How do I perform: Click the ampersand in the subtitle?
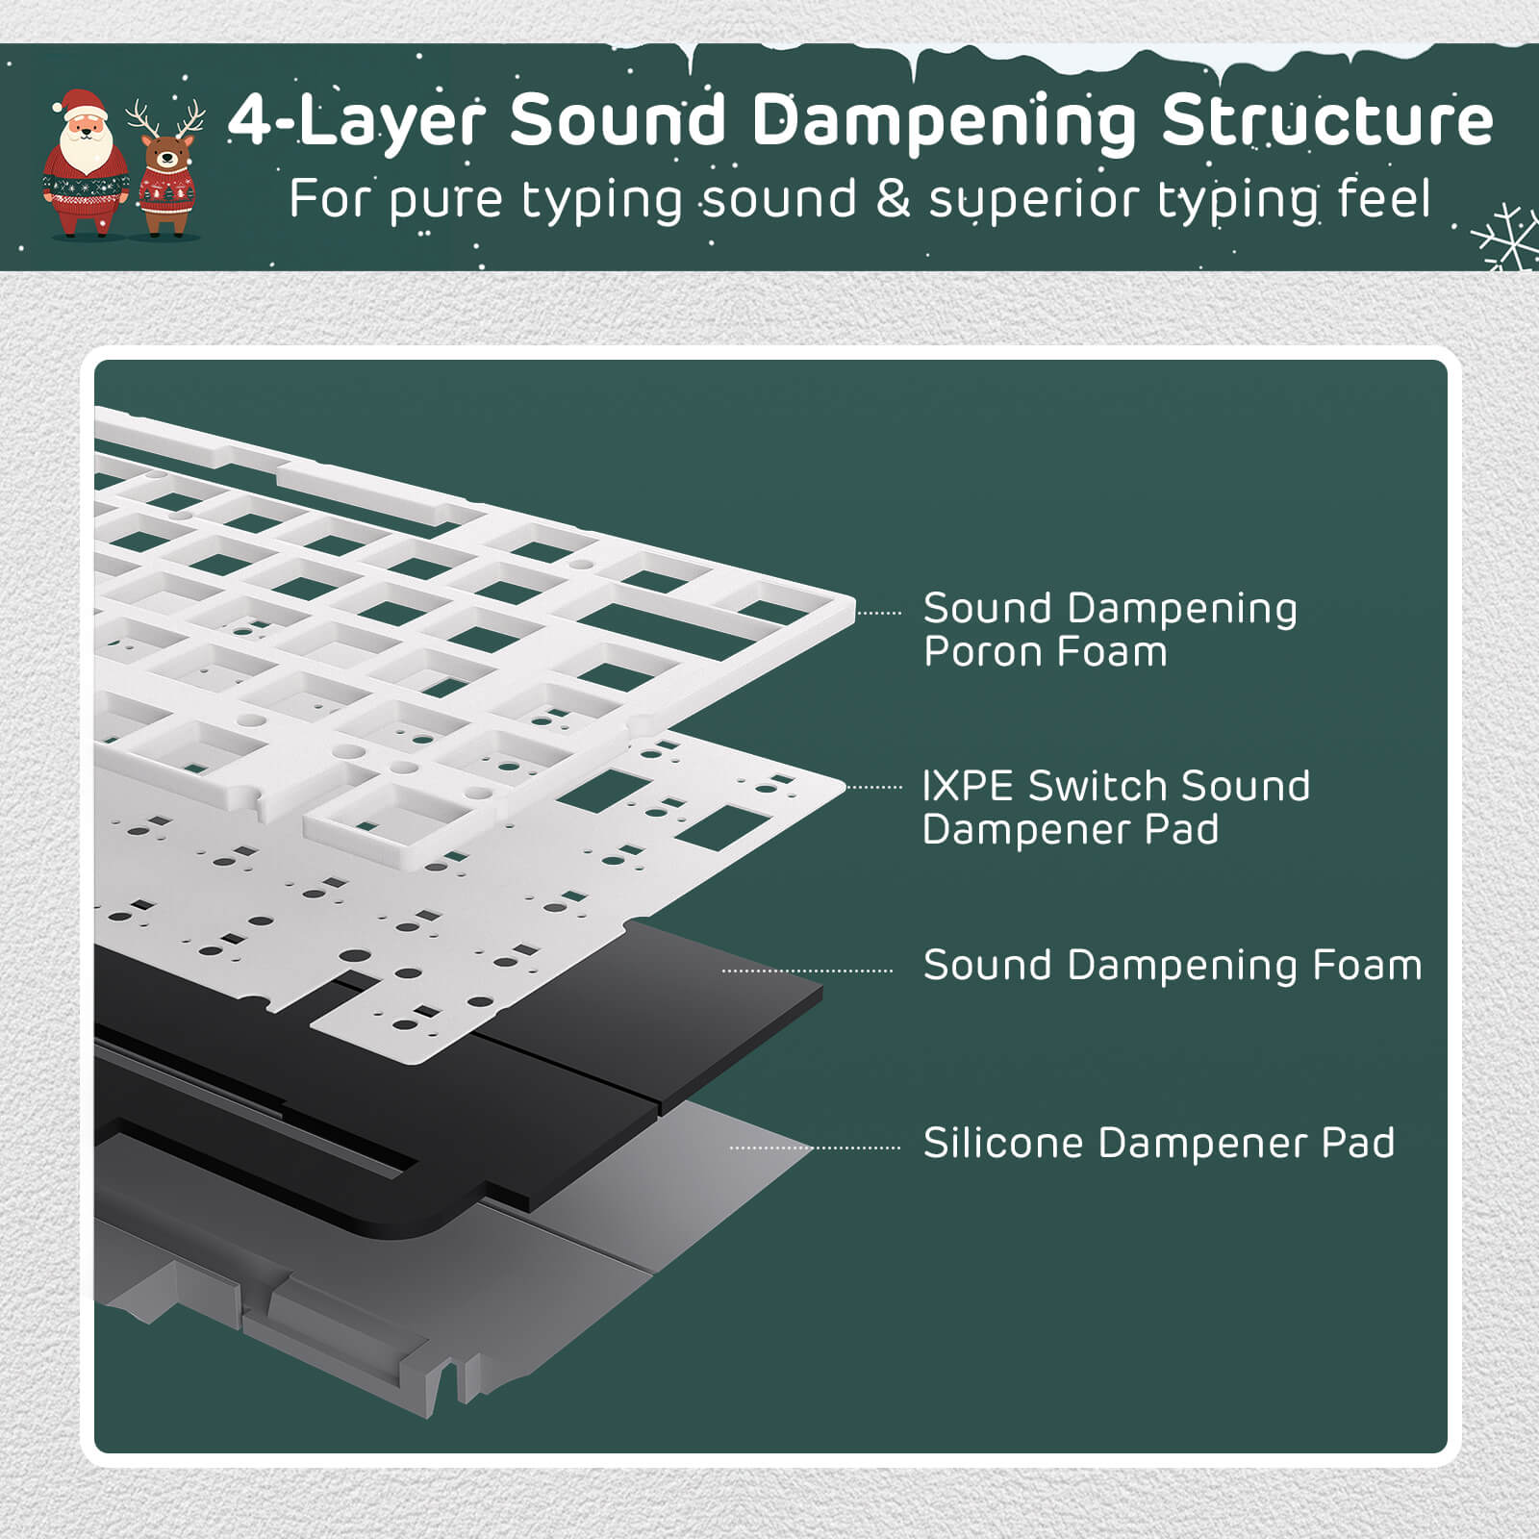click(x=894, y=199)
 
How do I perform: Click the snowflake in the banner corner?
click(x=1506, y=240)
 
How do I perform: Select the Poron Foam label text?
click(x=1046, y=652)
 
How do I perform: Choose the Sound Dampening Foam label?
click(x=1173, y=965)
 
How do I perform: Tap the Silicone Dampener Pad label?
click(x=1159, y=1143)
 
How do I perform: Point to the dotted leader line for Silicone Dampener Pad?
click(x=815, y=1148)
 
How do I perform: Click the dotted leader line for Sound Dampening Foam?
click(x=808, y=971)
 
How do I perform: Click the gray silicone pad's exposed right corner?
click(x=815, y=1148)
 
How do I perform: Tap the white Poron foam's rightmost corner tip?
click(x=854, y=608)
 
